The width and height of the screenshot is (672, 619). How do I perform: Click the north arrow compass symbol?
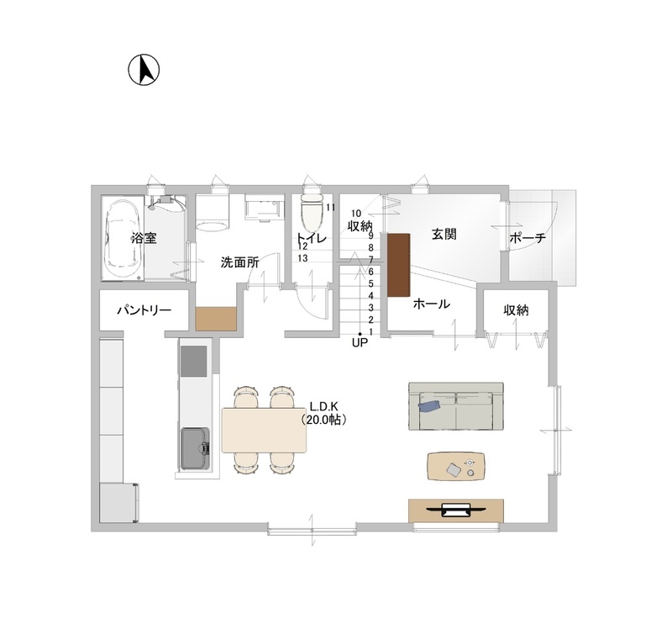[x=144, y=70]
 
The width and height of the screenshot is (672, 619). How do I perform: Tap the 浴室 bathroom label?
[x=144, y=238]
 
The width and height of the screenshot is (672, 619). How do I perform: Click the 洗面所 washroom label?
[x=239, y=262]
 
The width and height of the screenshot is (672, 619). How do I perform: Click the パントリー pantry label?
[x=144, y=310]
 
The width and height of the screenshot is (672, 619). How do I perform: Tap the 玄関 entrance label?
[x=444, y=234]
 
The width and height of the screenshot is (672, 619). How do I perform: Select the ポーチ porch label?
[x=528, y=238]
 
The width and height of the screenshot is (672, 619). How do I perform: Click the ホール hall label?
[x=431, y=304]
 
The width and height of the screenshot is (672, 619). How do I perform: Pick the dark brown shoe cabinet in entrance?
[x=399, y=265]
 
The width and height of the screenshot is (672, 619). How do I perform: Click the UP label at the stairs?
[x=360, y=343]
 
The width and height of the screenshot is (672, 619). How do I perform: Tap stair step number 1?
[x=370, y=331]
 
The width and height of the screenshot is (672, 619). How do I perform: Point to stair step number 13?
[x=302, y=258]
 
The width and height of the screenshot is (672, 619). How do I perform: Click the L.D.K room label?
[x=324, y=406]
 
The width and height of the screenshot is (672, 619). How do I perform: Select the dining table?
[x=265, y=430]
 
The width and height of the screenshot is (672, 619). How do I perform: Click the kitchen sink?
[x=195, y=448]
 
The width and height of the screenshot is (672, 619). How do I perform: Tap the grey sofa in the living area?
[x=456, y=406]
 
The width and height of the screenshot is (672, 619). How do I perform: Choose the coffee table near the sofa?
[x=456, y=466]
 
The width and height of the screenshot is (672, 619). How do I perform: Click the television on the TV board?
[x=456, y=510]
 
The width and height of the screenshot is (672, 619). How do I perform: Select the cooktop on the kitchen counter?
[x=193, y=361]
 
